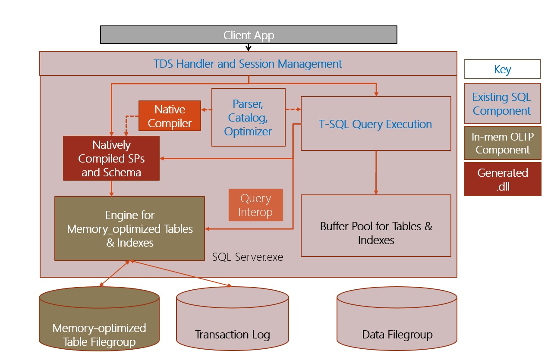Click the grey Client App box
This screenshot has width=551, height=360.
(x=249, y=35)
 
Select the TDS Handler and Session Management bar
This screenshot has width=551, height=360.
(x=248, y=64)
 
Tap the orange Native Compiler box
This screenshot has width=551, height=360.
(x=170, y=116)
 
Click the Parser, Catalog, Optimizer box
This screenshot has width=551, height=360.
(x=248, y=117)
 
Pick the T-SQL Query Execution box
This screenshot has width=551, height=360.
(x=375, y=124)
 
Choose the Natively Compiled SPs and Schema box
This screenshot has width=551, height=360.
(x=111, y=158)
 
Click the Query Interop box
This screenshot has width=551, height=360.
(x=256, y=205)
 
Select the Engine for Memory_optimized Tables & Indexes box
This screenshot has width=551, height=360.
(x=129, y=229)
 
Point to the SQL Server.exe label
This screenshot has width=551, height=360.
(x=248, y=257)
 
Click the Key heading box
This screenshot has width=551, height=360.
(x=502, y=69)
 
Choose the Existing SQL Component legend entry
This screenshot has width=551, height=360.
(x=502, y=103)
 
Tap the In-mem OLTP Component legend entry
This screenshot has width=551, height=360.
(x=502, y=143)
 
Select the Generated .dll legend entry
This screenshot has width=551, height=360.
(x=502, y=179)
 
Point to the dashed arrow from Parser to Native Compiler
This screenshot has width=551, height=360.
(x=207, y=110)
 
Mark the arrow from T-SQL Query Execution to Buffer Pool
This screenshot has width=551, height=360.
(x=376, y=172)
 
